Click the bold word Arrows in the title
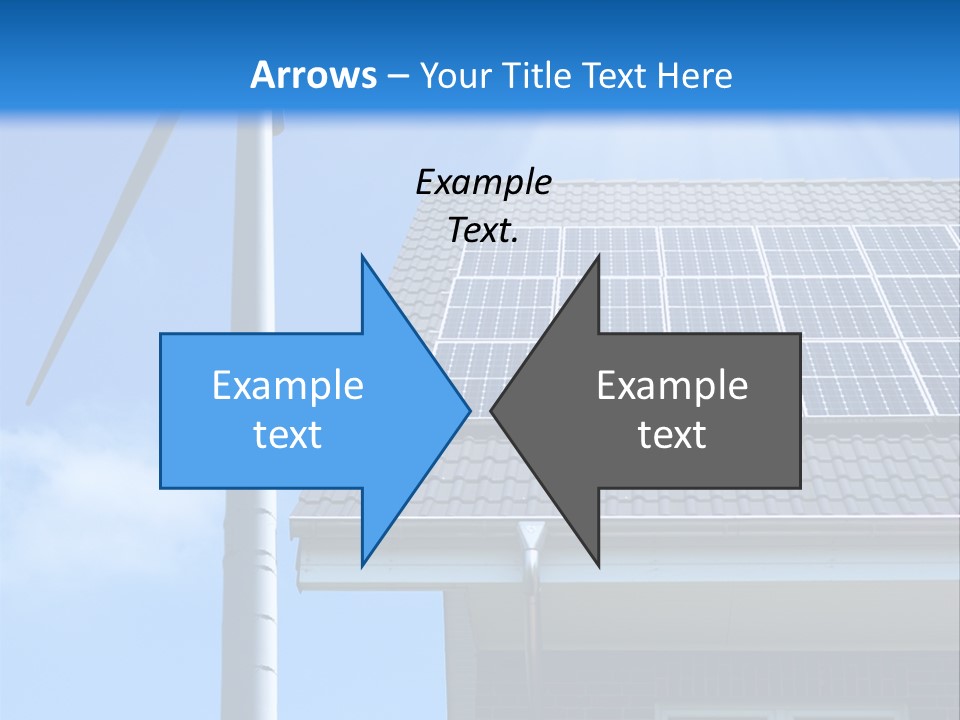312,75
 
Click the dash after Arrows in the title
396,76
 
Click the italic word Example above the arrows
484,183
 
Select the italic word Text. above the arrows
484,230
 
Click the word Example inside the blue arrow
288,385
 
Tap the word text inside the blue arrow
288,434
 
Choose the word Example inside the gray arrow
672,385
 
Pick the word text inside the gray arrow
672,434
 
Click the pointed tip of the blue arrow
469,410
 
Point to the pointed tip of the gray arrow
492,410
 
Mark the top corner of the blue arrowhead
362,256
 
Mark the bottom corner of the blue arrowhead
362,565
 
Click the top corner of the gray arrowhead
598,256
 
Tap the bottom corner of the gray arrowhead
598,565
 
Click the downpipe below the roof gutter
531,620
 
